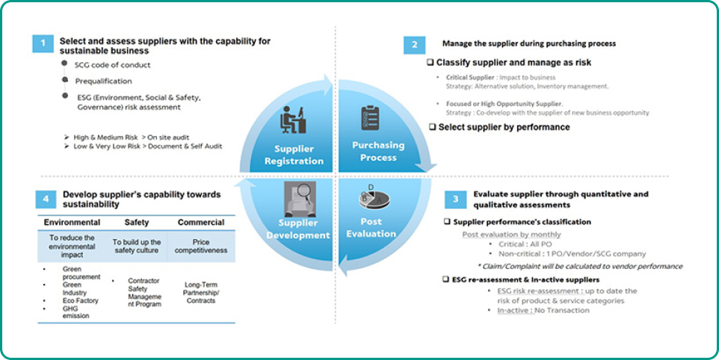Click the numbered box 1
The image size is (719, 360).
tap(43, 43)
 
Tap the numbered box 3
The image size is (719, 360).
tap(455, 199)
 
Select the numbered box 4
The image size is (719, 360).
tap(46, 199)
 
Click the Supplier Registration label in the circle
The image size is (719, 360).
tap(299, 155)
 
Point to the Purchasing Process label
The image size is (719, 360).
tap(378, 151)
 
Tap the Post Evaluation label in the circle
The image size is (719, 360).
tap(371, 228)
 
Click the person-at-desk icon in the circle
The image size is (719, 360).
tap(293, 120)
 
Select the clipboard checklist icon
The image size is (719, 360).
tap(371, 118)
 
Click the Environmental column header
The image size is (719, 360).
tap(72, 223)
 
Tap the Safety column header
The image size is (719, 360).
tap(137, 223)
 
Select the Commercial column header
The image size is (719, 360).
tap(200, 223)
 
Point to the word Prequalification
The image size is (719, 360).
tap(103, 81)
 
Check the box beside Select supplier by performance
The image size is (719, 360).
tap(432, 127)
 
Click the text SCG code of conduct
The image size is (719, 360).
tap(113, 65)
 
